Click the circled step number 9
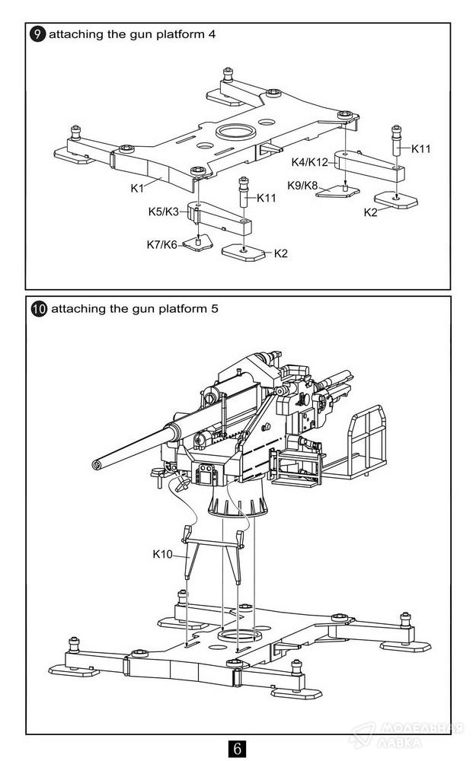[38, 34]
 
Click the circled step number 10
[39, 309]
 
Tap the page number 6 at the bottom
[237, 748]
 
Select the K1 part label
[137, 188]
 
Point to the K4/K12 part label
[309, 162]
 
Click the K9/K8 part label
[302, 186]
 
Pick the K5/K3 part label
[164, 212]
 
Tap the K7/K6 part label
[161, 244]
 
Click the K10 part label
[162, 554]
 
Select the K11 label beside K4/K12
[420, 149]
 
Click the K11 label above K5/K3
[266, 198]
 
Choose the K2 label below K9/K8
[371, 212]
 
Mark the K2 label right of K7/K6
[281, 253]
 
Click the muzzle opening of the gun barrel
[96, 466]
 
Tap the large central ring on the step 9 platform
[236, 131]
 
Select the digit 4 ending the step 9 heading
[212, 34]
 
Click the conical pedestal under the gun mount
[238, 500]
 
